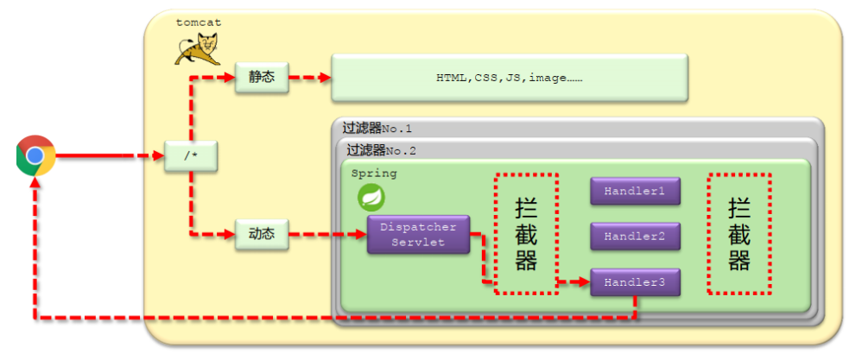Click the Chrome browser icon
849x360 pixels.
(x=35, y=155)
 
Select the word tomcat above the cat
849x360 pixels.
(x=198, y=22)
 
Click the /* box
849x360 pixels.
(x=189, y=156)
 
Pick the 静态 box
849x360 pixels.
(x=261, y=76)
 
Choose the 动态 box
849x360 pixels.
(x=261, y=233)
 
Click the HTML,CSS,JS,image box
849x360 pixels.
(x=510, y=77)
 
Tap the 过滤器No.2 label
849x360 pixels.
(x=381, y=149)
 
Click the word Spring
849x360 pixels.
(x=374, y=174)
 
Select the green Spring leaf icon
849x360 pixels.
(x=371, y=198)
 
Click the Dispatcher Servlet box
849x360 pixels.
(x=419, y=234)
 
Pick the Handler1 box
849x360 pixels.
(x=635, y=191)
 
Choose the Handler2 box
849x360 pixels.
(x=635, y=236)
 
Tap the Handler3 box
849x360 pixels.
(x=635, y=282)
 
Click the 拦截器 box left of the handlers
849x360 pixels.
(x=526, y=233)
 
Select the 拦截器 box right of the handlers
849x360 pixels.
(x=738, y=233)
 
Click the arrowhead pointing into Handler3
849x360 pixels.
(x=583, y=282)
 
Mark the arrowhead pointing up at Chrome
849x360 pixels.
(x=35, y=185)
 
